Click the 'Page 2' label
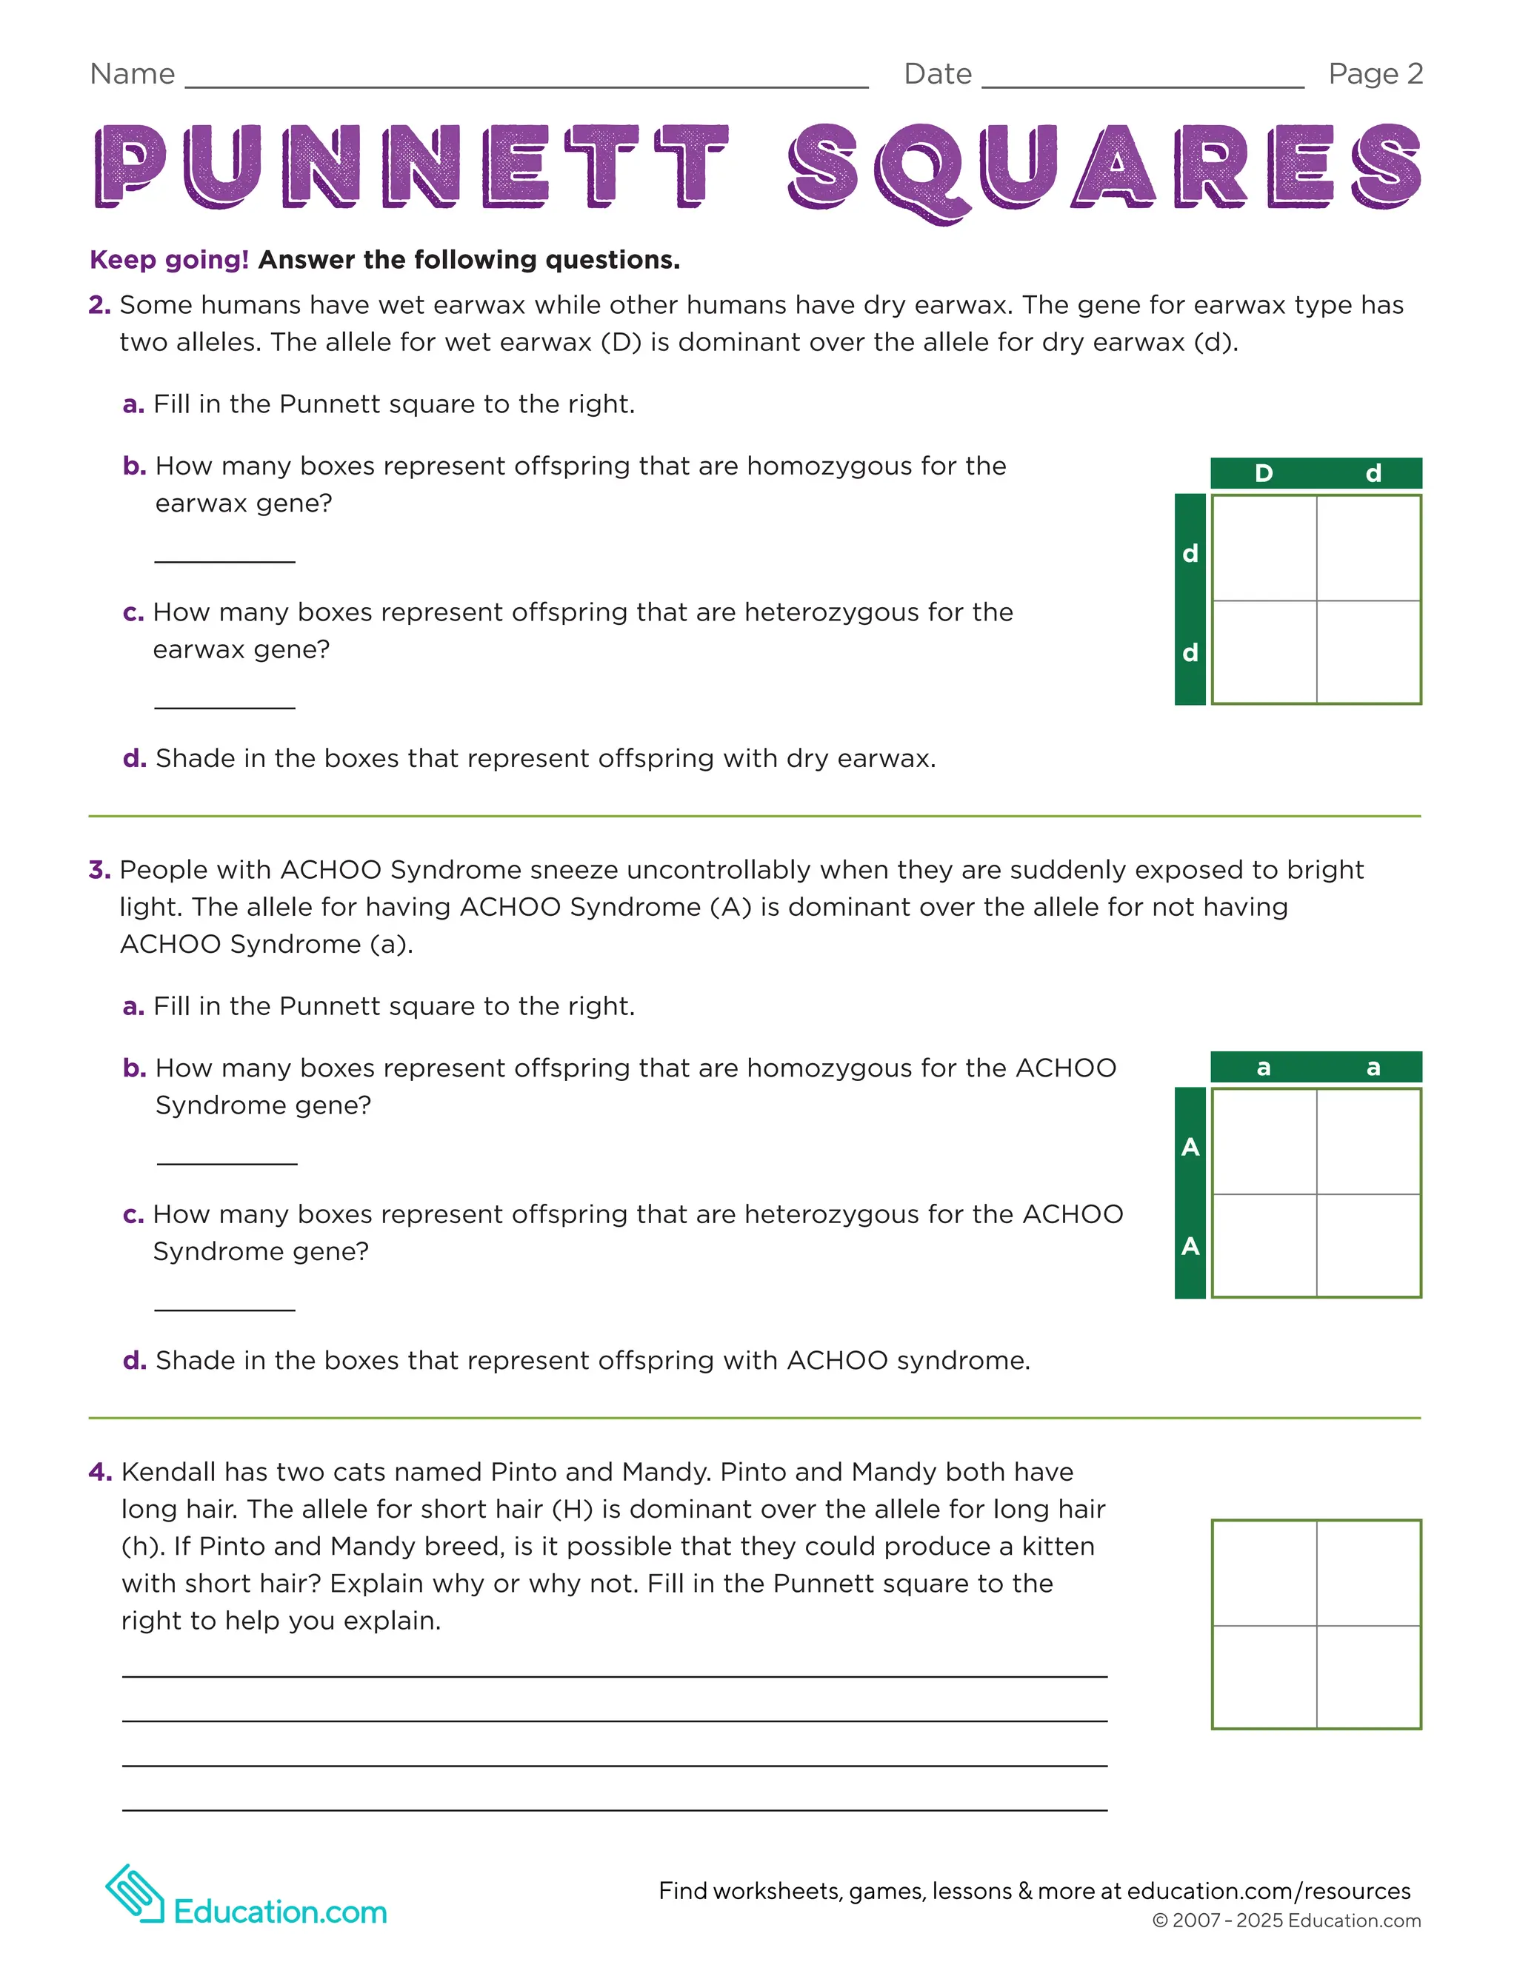click(x=1375, y=73)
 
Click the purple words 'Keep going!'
click(x=169, y=260)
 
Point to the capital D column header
click(x=1264, y=473)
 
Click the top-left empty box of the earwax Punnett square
click(x=1264, y=547)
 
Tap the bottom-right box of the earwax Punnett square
click(x=1369, y=652)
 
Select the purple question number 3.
click(x=99, y=870)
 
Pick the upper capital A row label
click(x=1190, y=1147)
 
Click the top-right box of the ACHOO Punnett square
click(x=1369, y=1141)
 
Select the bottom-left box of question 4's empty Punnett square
click(x=1264, y=1676)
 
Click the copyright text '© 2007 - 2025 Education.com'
click(x=1286, y=1921)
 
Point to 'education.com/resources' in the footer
click(x=1268, y=1891)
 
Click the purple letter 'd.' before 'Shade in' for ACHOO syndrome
click(x=134, y=1360)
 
